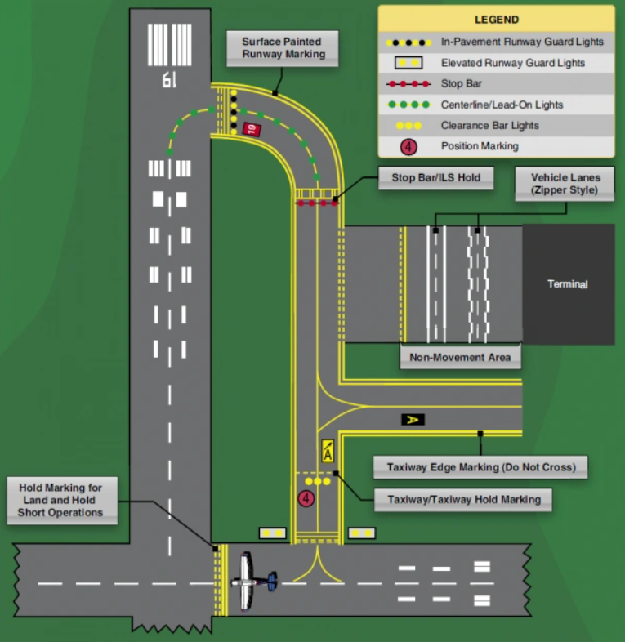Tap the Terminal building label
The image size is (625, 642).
568,284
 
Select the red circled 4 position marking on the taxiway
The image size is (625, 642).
306,497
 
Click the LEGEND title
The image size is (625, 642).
496,20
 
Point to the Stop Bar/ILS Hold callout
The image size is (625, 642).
435,177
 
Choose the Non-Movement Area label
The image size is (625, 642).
460,357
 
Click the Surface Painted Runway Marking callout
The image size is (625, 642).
282,48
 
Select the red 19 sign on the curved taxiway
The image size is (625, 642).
251,128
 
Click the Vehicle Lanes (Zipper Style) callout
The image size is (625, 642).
565,183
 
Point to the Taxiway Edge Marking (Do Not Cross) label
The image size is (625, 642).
480,467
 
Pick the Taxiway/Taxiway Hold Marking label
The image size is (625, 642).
463,499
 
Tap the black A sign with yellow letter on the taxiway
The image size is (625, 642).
413,419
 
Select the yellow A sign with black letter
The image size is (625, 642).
327,451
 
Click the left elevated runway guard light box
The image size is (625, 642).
272,533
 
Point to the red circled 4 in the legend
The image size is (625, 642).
409,147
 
